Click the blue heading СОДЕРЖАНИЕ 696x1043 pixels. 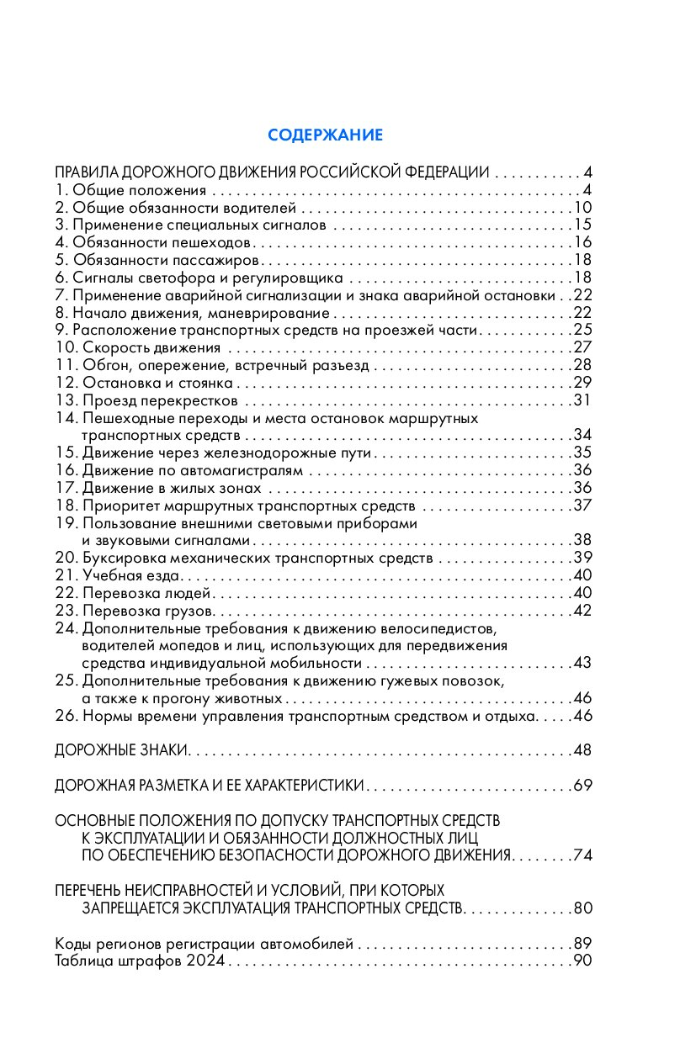325,135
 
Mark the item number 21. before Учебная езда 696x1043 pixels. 66,575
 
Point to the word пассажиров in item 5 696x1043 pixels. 219,260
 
